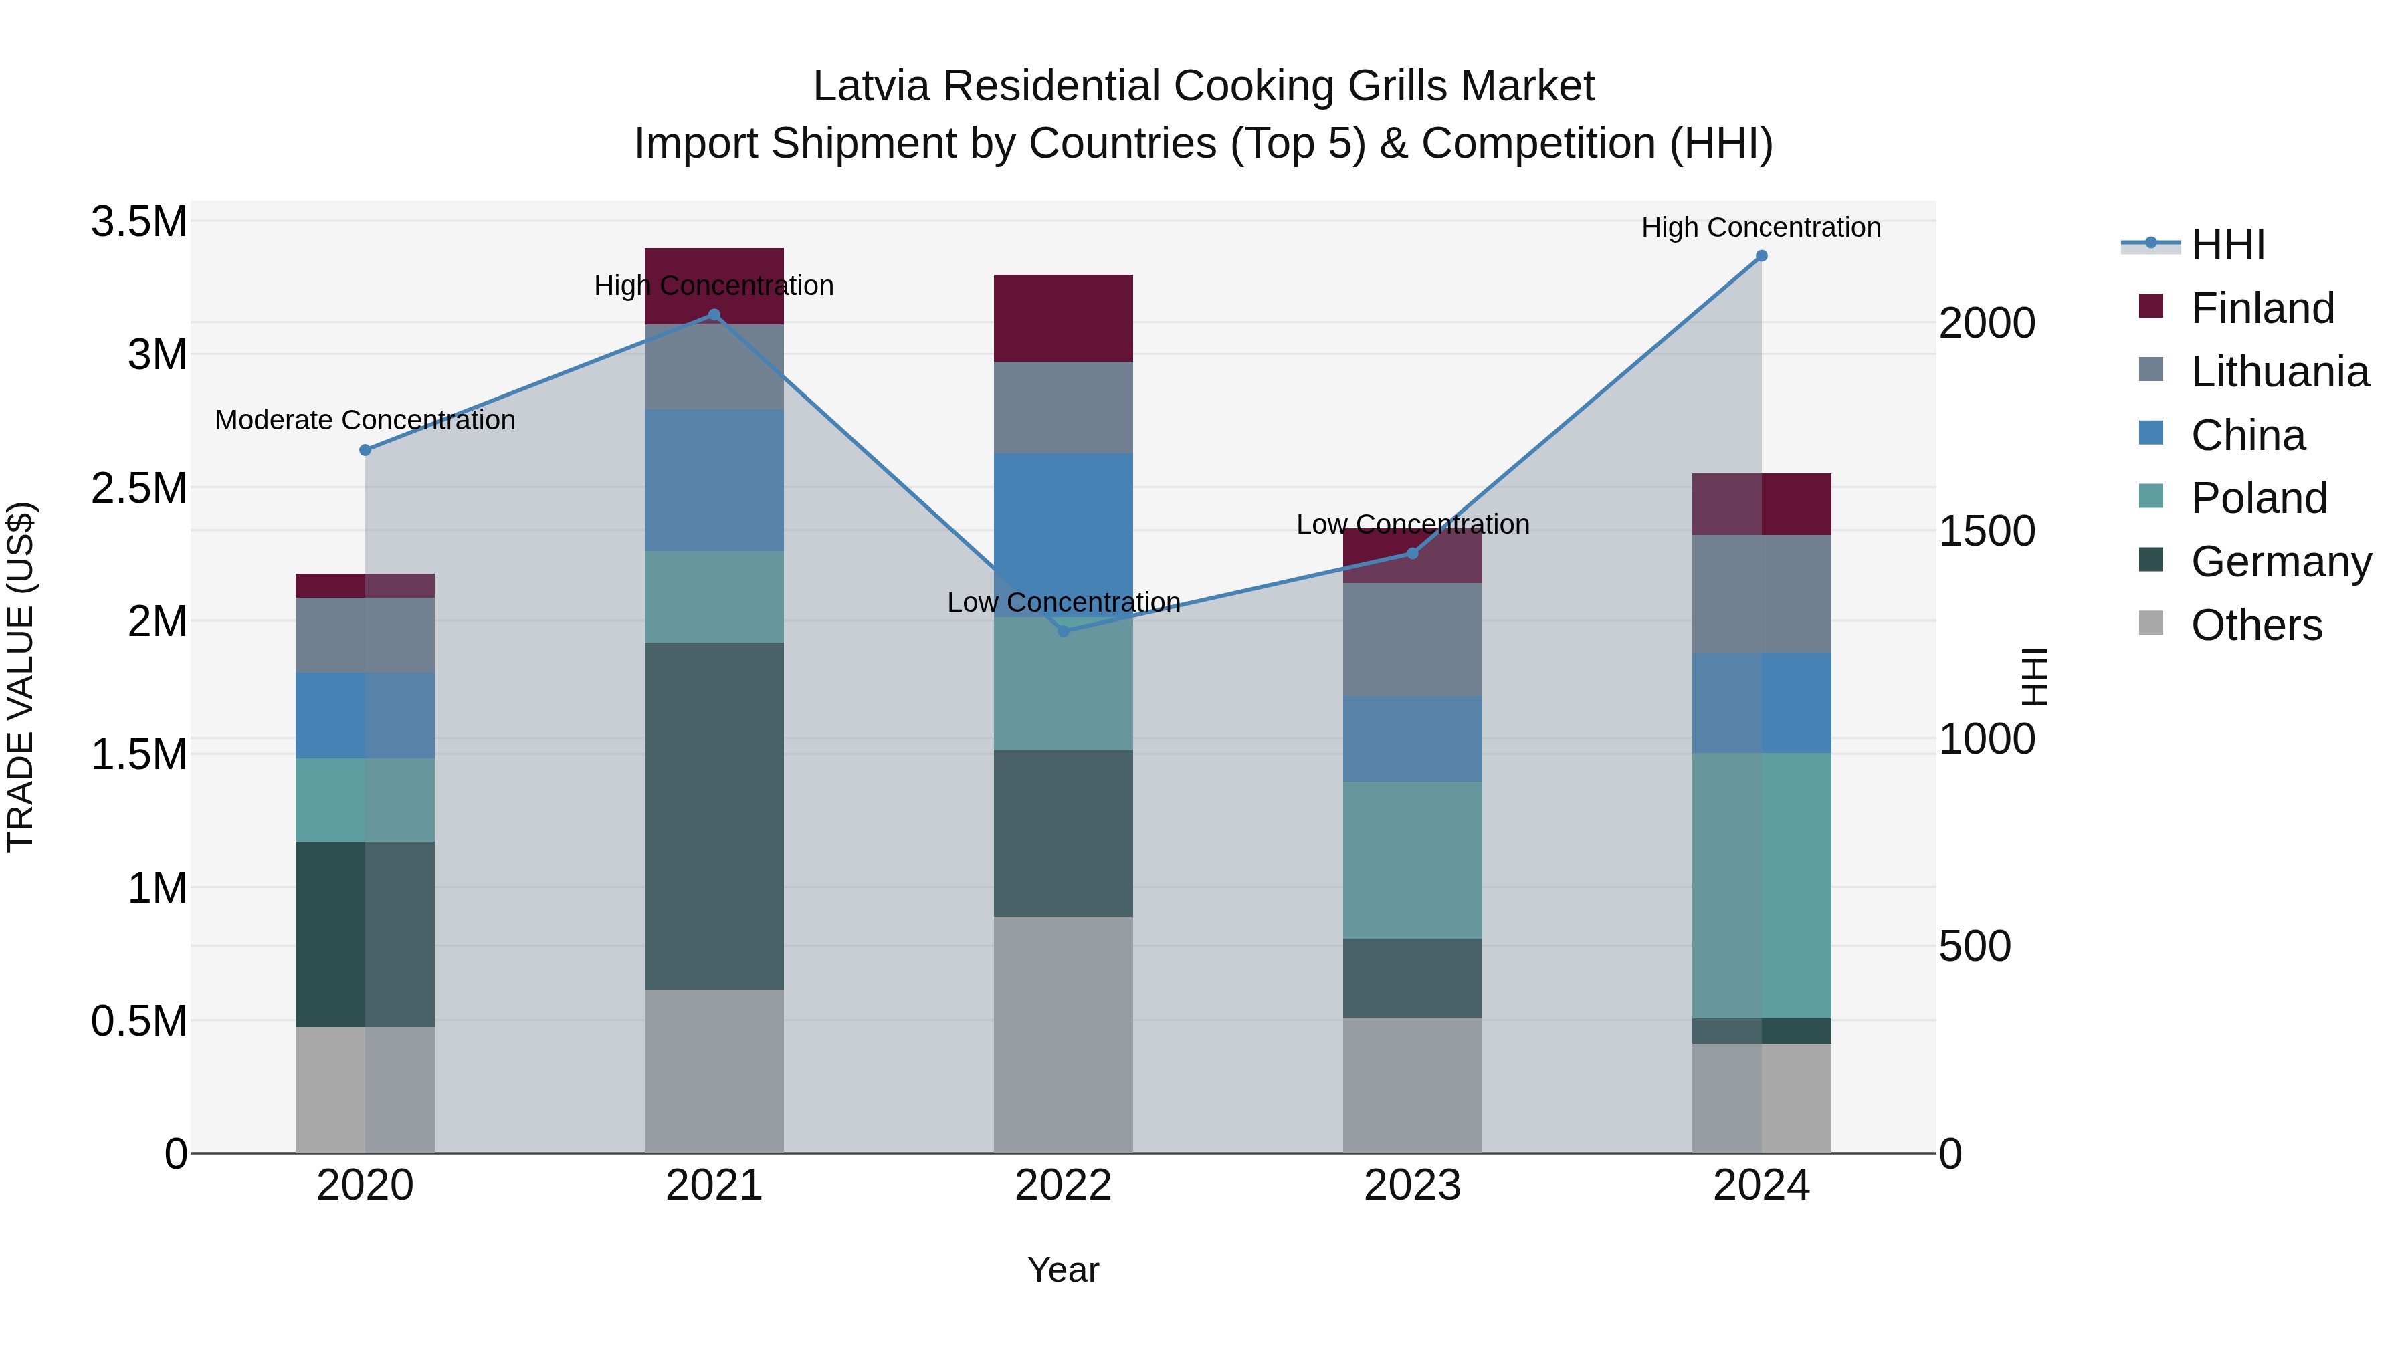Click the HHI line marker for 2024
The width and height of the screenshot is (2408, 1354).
tap(1761, 256)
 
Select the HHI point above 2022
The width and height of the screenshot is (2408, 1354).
tap(1063, 632)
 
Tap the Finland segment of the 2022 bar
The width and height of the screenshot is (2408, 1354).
tap(1063, 318)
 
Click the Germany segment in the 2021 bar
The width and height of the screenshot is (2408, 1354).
tap(714, 815)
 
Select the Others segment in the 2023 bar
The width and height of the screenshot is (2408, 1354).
tap(1411, 1085)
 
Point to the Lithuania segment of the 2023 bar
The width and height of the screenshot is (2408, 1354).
tap(1411, 639)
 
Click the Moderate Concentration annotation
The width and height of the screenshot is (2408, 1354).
tap(365, 421)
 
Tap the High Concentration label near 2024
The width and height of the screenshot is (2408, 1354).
tap(1761, 228)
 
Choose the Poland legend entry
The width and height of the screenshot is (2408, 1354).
tap(2258, 498)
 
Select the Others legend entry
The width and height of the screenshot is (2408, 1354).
tap(2255, 625)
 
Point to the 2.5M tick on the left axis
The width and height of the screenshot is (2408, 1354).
tap(139, 489)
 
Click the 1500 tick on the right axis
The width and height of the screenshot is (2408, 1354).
tap(1987, 532)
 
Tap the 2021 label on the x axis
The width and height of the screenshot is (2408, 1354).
tap(714, 1186)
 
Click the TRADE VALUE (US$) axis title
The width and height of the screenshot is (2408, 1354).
tap(21, 677)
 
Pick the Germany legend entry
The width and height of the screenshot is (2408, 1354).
tap(2281, 562)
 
